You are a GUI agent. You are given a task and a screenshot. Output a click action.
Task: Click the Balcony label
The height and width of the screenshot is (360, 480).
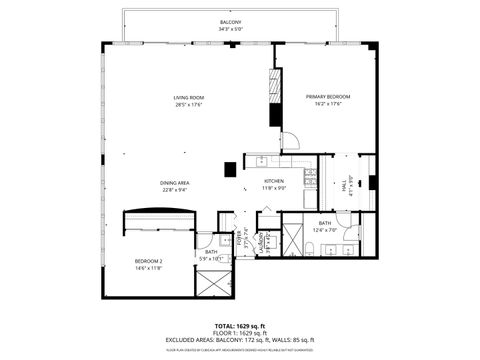230,22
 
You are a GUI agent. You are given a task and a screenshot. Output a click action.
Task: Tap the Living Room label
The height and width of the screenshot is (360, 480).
188,97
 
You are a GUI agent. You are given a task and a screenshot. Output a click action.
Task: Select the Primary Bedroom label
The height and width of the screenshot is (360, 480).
327,97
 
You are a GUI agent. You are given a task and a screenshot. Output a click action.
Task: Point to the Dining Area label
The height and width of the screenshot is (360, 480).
175,183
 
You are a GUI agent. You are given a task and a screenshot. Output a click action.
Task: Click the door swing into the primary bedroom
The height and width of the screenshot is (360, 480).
289,141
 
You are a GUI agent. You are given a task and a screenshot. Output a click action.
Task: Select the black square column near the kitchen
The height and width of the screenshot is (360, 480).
229,169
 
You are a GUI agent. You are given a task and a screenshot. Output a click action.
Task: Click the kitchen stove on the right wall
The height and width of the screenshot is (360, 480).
310,178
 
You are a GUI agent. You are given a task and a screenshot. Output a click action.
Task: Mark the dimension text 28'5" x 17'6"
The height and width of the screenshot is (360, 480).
188,104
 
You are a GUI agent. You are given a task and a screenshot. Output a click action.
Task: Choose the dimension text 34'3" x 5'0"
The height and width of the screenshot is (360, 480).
230,29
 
